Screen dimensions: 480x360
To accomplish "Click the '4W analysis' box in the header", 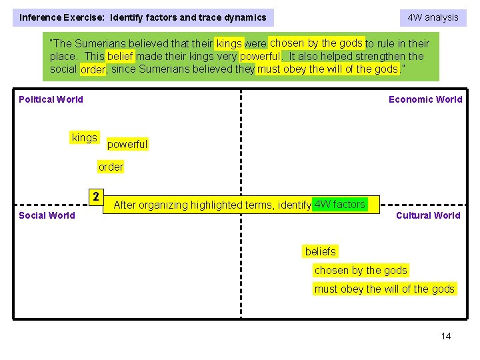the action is [433, 17].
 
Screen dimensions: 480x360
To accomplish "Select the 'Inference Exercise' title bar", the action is [143, 17].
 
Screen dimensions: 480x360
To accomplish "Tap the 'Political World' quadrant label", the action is [51, 99].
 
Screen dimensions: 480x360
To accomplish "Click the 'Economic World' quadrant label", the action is [425, 99].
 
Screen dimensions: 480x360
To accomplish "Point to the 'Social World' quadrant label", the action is [47, 215].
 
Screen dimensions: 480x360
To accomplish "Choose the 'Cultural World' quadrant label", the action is [428, 215].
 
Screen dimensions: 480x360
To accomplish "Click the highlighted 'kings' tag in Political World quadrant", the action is [85, 137].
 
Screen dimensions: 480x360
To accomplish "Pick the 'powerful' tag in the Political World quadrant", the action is [127, 144].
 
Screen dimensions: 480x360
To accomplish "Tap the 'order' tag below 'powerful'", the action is [111, 167].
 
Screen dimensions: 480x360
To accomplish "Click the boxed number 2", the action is [97, 197].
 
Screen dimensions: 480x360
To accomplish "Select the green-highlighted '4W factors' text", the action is [340, 204].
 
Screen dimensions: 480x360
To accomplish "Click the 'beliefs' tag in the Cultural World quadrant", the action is [321, 251].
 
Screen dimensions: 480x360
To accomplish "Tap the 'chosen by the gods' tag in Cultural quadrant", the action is [361, 270].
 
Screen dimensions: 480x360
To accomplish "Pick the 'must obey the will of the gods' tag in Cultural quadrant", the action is [385, 289].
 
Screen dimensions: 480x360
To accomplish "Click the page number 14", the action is [446, 336].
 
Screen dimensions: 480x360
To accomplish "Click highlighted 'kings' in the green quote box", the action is [229, 44].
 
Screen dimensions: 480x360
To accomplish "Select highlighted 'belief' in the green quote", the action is [121, 57].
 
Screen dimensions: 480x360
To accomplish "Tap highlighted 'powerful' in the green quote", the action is [261, 57].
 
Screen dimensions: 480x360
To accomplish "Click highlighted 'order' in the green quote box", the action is [93, 69].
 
